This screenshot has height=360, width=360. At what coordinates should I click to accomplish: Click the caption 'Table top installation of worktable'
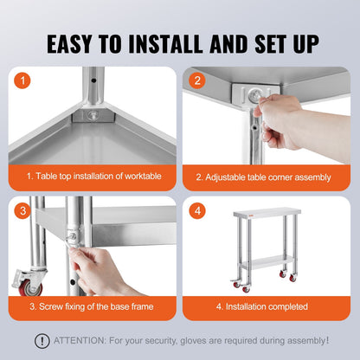coord(93,177)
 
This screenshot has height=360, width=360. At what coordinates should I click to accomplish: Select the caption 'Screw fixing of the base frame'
coord(93,305)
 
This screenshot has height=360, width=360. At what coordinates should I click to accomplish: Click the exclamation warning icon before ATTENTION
coord(41,340)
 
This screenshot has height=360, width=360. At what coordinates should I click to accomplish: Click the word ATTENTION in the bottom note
coord(79,340)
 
